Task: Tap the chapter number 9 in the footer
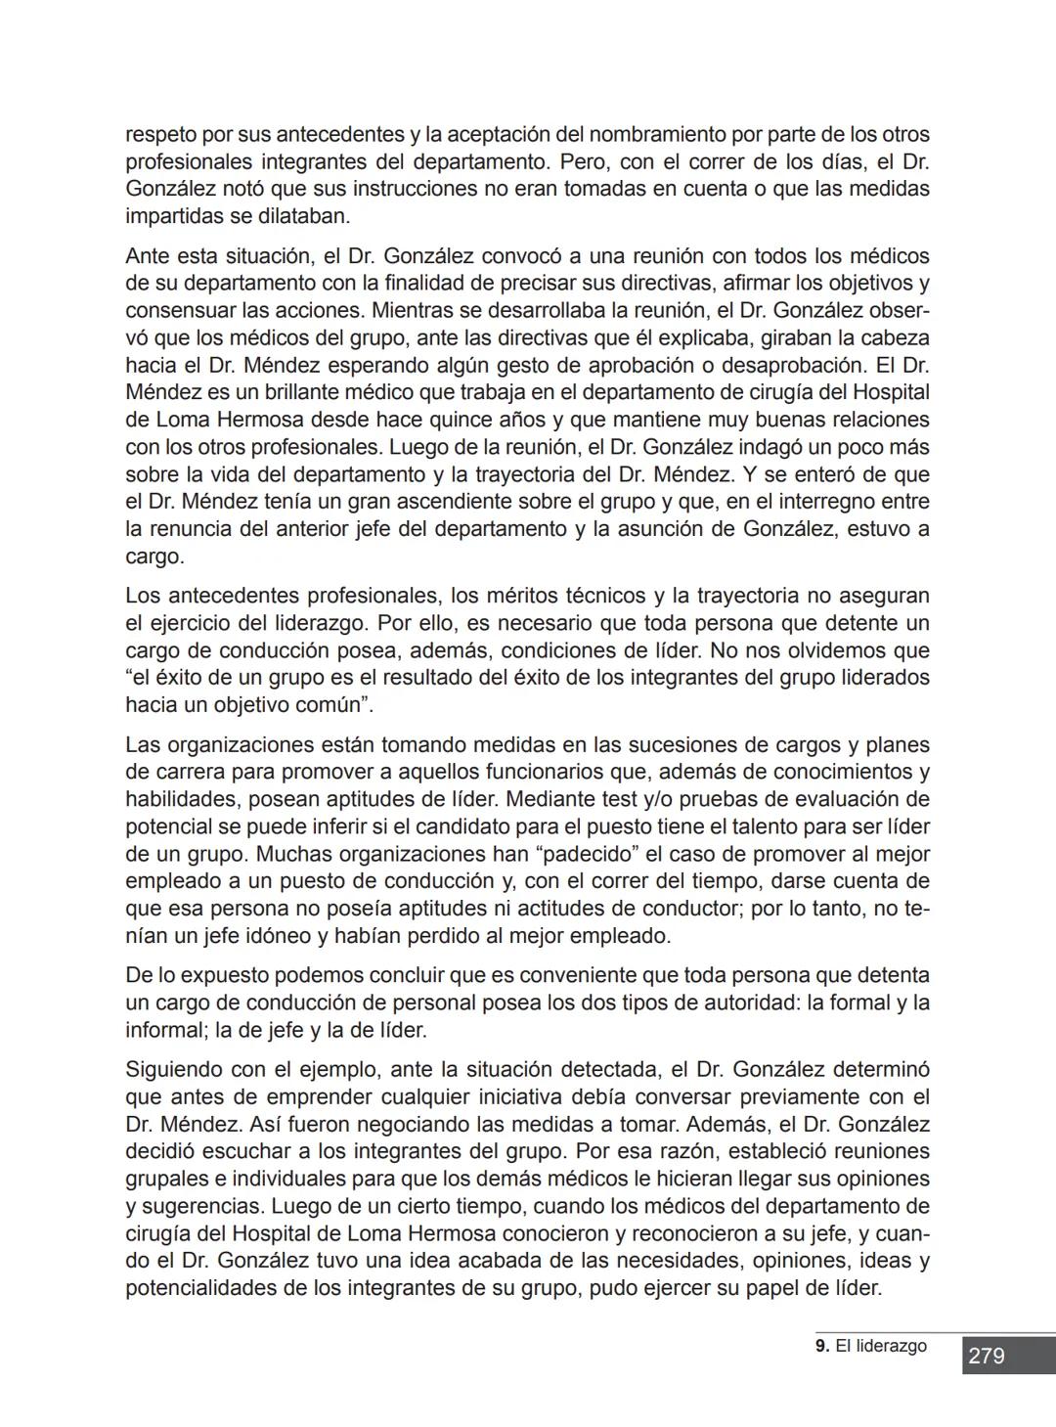point(819,1346)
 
